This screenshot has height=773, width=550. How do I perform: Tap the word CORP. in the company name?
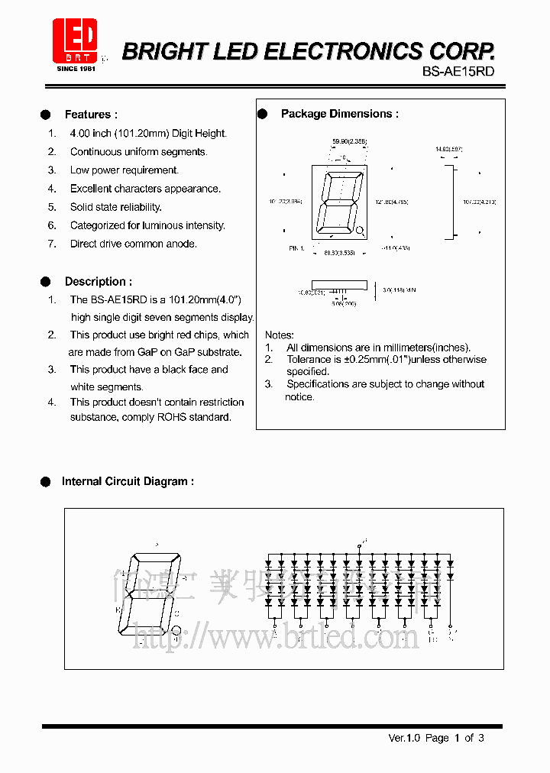(x=461, y=51)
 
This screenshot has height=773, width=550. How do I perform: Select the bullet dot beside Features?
(x=46, y=115)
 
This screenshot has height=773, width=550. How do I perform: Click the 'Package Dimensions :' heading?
(x=339, y=114)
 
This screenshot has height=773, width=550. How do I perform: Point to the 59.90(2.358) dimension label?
(x=349, y=141)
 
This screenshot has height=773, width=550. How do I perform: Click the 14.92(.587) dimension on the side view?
(x=448, y=149)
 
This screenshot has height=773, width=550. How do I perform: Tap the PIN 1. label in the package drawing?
(x=297, y=248)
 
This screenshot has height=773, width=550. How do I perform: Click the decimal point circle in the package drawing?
(x=361, y=229)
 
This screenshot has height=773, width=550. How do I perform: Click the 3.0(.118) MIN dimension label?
(x=399, y=290)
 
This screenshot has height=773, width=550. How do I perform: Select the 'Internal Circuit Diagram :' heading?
(x=128, y=481)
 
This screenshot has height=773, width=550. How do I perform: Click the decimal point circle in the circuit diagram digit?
(x=176, y=630)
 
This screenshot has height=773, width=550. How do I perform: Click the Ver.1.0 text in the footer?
(x=404, y=738)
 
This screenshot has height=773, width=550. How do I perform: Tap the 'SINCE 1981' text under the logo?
(x=74, y=68)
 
